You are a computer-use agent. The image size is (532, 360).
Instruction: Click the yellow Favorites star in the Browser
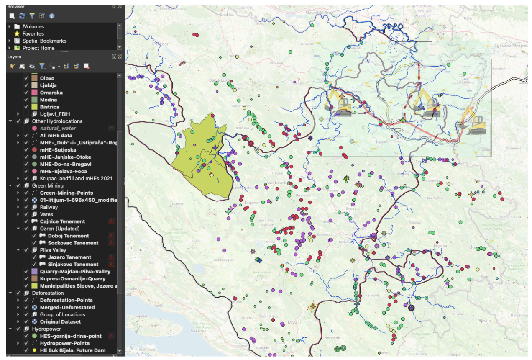17,33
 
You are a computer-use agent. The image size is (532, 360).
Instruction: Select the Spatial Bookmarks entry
44,41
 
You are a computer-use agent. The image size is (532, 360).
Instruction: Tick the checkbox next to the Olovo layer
26,78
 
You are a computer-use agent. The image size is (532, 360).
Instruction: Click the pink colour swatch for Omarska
35,93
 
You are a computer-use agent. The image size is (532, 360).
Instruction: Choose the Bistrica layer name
49,107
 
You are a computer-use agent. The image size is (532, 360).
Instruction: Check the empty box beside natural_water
26,129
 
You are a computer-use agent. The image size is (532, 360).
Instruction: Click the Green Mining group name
48,185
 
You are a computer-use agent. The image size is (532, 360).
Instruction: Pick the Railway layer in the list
49,207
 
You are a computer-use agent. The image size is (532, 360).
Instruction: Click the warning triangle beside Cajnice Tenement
112,221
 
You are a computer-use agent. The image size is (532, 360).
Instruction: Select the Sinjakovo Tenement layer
73,265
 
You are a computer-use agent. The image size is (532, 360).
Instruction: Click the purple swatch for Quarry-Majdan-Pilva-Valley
35,272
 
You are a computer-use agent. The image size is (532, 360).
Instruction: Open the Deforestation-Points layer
66,300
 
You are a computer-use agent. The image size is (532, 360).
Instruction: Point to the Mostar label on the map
294,323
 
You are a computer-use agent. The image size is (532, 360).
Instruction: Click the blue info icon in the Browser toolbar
52,16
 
